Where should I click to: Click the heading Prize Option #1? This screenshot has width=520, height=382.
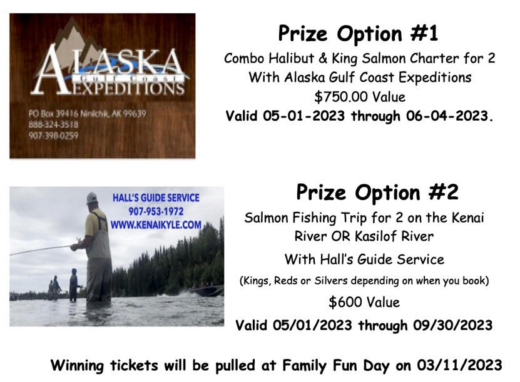(358, 34)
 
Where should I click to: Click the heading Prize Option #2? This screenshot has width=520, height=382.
(377, 192)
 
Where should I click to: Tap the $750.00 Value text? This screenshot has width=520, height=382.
(360, 97)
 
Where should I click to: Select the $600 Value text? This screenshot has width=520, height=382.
(364, 302)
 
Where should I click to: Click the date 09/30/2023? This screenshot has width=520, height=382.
(452, 325)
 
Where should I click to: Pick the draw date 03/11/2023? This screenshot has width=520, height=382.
(460, 366)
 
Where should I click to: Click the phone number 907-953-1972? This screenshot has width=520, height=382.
(156, 211)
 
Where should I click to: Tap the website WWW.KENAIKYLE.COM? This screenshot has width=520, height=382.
(156, 225)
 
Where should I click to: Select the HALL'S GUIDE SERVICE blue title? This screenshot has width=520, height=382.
(156, 198)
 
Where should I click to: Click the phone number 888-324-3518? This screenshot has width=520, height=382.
(53, 124)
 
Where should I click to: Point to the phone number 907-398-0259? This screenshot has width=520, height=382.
(53, 136)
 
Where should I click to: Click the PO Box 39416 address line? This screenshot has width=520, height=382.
(87, 114)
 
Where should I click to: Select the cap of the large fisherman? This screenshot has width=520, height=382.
(92, 198)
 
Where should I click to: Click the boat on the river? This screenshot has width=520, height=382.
(207, 291)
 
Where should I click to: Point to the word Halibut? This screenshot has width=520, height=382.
(291, 58)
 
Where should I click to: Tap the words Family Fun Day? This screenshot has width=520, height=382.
(335, 366)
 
